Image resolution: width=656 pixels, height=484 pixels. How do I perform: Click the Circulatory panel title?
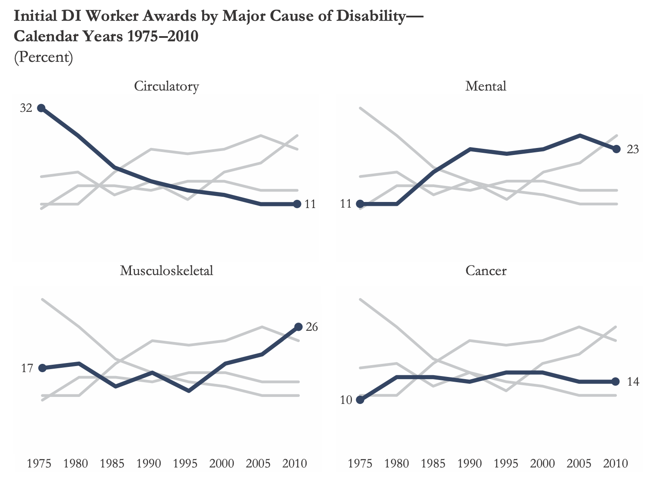(x=166, y=86)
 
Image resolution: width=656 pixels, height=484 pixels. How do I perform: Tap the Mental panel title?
(x=485, y=86)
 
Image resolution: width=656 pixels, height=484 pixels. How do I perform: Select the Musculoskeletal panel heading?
(x=166, y=271)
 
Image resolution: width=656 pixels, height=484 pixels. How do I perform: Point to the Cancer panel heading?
(x=485, y=271)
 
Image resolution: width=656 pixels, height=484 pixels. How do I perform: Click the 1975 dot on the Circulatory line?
(x=41, y=108)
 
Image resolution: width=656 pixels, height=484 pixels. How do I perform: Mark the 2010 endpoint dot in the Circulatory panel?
(x=297, y=204)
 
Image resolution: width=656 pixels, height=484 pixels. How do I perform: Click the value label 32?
(x=26, y=108)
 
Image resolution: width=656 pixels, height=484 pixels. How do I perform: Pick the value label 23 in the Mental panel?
(x=633, y=149)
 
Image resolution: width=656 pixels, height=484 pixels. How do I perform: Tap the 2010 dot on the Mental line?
(x=616, y=149)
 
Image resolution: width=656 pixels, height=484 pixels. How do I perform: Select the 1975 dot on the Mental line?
(x=360, y=204)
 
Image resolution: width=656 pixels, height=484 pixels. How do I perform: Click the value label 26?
(x=312, y=327)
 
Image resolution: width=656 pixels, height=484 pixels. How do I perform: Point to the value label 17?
(x=27, y=368)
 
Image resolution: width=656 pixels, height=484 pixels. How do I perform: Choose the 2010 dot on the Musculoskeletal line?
(x=298, y=327)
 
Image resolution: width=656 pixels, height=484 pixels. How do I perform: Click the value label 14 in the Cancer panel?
(x=633, y=382)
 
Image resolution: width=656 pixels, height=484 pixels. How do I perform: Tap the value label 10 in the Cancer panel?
(x=346, y=400)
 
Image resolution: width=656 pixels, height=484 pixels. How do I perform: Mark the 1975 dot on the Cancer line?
(x=360, y=400)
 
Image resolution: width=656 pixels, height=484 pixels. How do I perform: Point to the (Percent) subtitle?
(x=44, y=57)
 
